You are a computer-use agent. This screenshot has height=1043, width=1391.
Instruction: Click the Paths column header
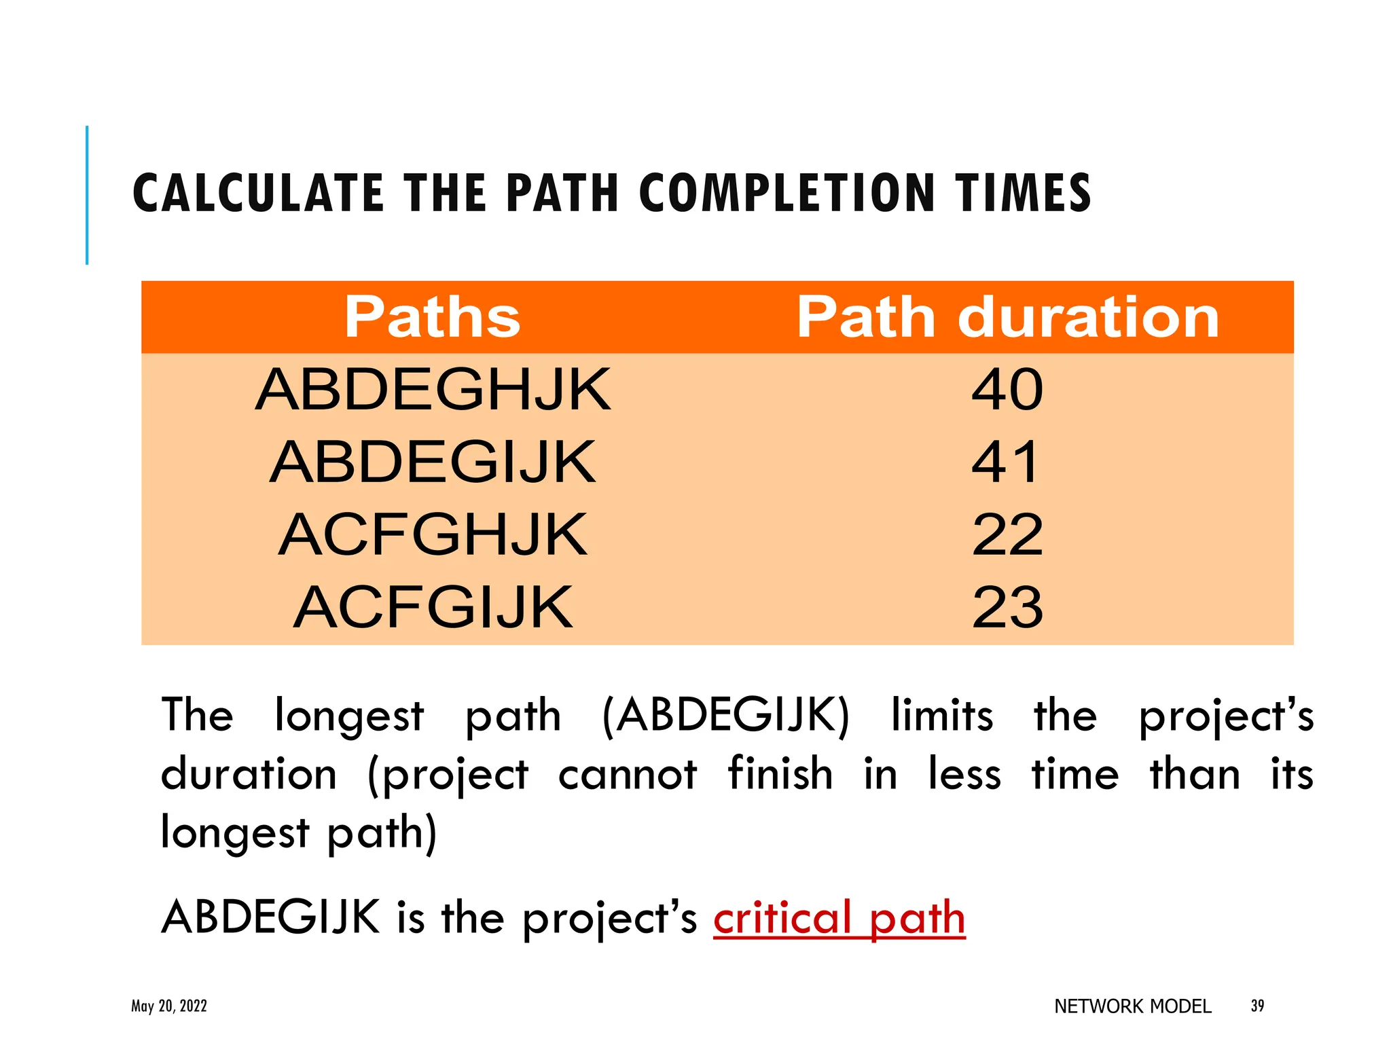tap(432, 317)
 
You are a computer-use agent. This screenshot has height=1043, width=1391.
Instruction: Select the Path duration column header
tap(1008, 317)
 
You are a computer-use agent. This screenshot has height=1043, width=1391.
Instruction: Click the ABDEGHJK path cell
tap(433, 390)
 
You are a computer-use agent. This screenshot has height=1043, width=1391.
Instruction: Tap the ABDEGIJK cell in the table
tap(433, 462)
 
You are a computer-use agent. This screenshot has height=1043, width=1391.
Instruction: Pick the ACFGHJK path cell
tap(433, 535)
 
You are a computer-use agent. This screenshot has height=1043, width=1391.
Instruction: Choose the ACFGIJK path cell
tap(433, 608)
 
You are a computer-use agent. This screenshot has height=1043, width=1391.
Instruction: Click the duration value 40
tap(1007, 390)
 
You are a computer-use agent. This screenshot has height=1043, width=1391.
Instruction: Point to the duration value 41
tap(1006, 462)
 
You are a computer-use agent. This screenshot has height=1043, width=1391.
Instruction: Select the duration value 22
tap(1007, 535)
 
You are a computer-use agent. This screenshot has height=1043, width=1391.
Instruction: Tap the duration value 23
tap(1007, 608)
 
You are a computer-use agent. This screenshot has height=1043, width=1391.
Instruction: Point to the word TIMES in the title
tap(1024, 194)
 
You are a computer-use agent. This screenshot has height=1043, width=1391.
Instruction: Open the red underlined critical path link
tap(839, 918)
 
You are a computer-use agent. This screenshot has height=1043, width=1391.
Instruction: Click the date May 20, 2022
tap(169, 1006)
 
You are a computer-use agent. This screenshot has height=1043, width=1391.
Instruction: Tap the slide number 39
tap(1257, 1006)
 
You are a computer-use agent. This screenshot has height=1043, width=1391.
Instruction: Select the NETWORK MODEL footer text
tap(1132, 1006)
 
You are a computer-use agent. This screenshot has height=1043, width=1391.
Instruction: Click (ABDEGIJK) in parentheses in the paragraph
tap(726, 716)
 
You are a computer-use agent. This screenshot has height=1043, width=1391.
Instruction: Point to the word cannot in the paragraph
tap(628, 774)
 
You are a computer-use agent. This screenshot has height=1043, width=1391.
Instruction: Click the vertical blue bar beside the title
tap(87, 195)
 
